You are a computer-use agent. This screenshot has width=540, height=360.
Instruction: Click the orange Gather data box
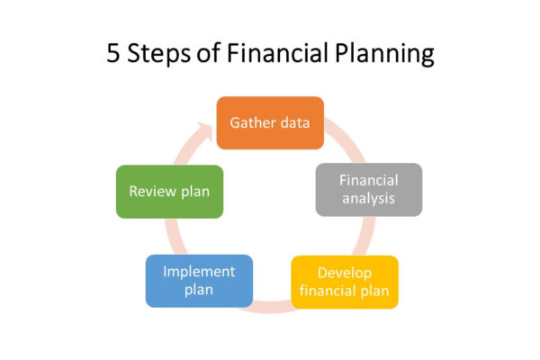tap(270, 123)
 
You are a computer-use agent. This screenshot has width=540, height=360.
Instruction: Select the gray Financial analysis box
tap(369, 190)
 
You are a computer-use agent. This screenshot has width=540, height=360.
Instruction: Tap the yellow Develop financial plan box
tap(345, 282)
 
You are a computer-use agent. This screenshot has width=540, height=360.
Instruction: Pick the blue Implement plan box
tap(199, 281)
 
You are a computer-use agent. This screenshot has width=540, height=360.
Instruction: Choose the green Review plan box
tap(169, 192)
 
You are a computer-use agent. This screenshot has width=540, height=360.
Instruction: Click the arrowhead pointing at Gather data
tap(205, 130)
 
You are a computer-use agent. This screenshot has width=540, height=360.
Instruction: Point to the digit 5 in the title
tap(113, 53)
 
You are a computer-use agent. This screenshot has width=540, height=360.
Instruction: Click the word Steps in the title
tap(158, 54)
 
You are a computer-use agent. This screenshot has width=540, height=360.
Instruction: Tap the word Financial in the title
tap(277, 53)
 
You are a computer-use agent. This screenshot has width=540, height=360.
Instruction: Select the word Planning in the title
tap(384, 54)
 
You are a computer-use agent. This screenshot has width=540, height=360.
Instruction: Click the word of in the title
tap(208, 53)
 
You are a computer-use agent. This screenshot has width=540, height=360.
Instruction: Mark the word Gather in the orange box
tap(252, 122)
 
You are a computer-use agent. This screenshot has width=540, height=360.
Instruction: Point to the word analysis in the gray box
tap(368, 199)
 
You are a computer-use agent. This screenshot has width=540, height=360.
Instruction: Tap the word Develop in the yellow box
tap(345, 274)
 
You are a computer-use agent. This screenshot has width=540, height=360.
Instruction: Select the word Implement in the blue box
tap(199, 272)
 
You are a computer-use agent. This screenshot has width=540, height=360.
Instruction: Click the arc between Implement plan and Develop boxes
tap(272, 308)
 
